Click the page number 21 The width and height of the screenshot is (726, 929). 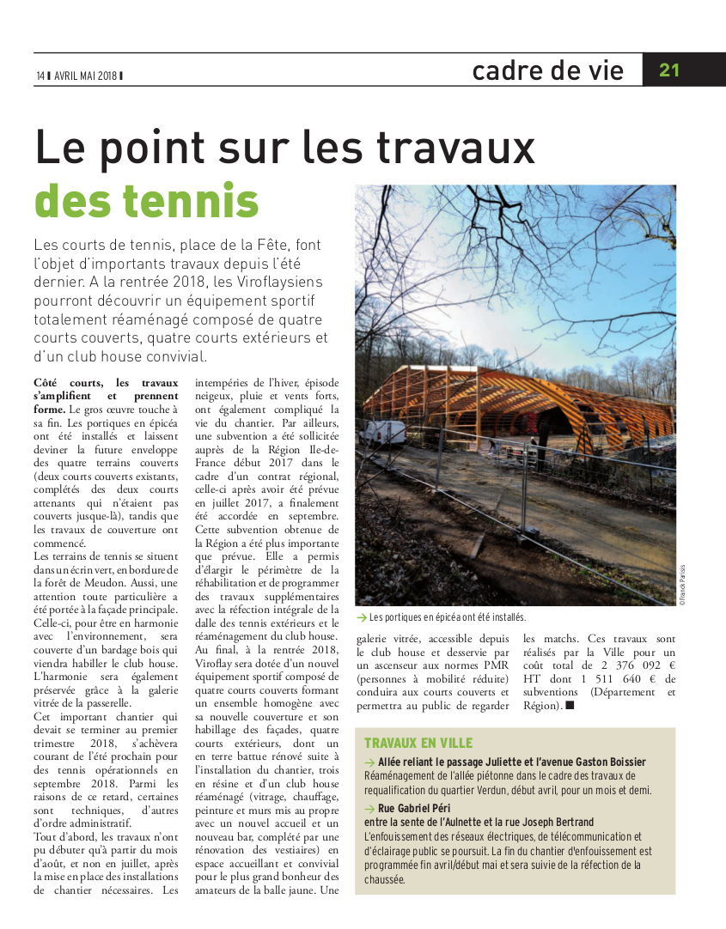click(x=669, y=70)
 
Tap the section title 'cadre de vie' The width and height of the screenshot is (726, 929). click(x=547, y=70)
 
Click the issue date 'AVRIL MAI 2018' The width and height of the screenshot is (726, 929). click(x=85, y=76)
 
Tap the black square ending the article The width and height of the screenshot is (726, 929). click(x=570, y=706)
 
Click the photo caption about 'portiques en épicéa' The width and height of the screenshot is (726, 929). click(x=446, y=616)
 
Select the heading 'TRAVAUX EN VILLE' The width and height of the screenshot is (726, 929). click(x=418, y=743)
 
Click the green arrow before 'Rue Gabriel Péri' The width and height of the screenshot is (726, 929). click(x=369, y=809)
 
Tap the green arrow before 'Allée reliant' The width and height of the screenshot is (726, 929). click(x=369, y=762)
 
